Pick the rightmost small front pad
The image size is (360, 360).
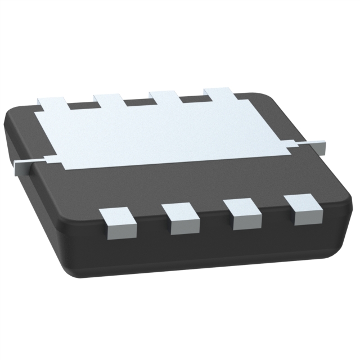(x=303, y=209)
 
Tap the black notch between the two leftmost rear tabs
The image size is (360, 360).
(x=80, y=105)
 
